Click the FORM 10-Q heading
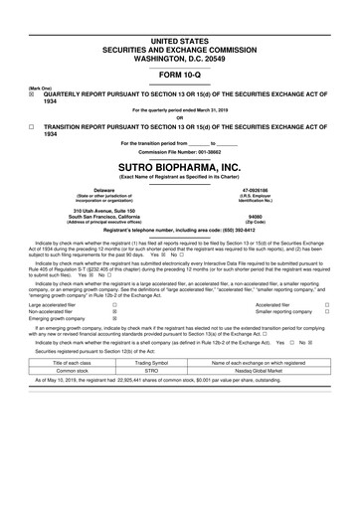coord(180,76)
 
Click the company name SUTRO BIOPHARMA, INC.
coord(180,166)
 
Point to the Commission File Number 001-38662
coord(180,151)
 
